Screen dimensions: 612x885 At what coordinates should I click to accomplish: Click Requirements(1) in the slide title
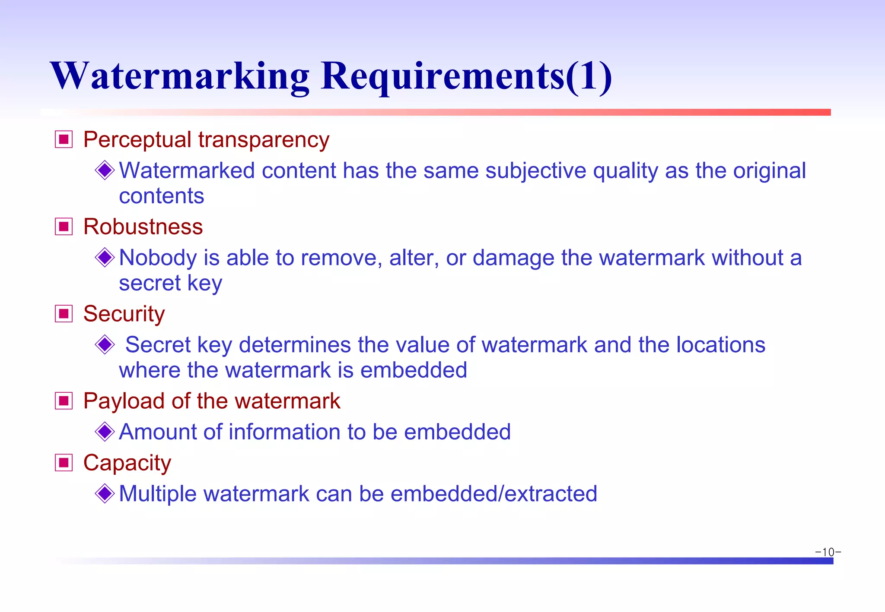466,77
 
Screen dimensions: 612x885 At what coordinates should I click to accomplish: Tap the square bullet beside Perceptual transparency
64,139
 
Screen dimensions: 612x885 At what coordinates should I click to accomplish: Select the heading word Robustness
143,227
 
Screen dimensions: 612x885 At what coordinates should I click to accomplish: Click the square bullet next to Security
64,314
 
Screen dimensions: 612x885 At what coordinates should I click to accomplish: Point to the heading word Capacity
127,463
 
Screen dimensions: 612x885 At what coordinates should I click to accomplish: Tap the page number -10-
828,552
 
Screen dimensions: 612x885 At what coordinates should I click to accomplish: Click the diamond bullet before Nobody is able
105,258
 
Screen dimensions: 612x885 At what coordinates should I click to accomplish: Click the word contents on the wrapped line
162,196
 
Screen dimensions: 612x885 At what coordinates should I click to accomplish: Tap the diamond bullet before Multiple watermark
105,493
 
